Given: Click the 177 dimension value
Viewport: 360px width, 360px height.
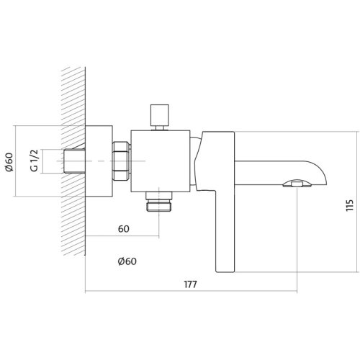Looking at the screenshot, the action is (190, 284).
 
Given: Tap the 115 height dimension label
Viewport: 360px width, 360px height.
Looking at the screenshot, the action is (350, 205).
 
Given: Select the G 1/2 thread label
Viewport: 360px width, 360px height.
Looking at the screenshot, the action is (35, 161).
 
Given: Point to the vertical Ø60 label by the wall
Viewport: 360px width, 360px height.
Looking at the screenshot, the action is (9, 162).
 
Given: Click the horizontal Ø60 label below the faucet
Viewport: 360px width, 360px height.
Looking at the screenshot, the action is (127, 261).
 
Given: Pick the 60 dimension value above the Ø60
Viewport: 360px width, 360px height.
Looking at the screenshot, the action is (124, 229).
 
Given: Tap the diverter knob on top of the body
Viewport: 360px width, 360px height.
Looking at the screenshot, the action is (159, 115).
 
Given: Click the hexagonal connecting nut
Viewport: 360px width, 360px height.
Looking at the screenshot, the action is (121, 161).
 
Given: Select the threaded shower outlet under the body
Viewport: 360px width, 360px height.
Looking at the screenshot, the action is (159, 202).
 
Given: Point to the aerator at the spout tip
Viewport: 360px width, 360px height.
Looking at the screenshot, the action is (297, 184).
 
